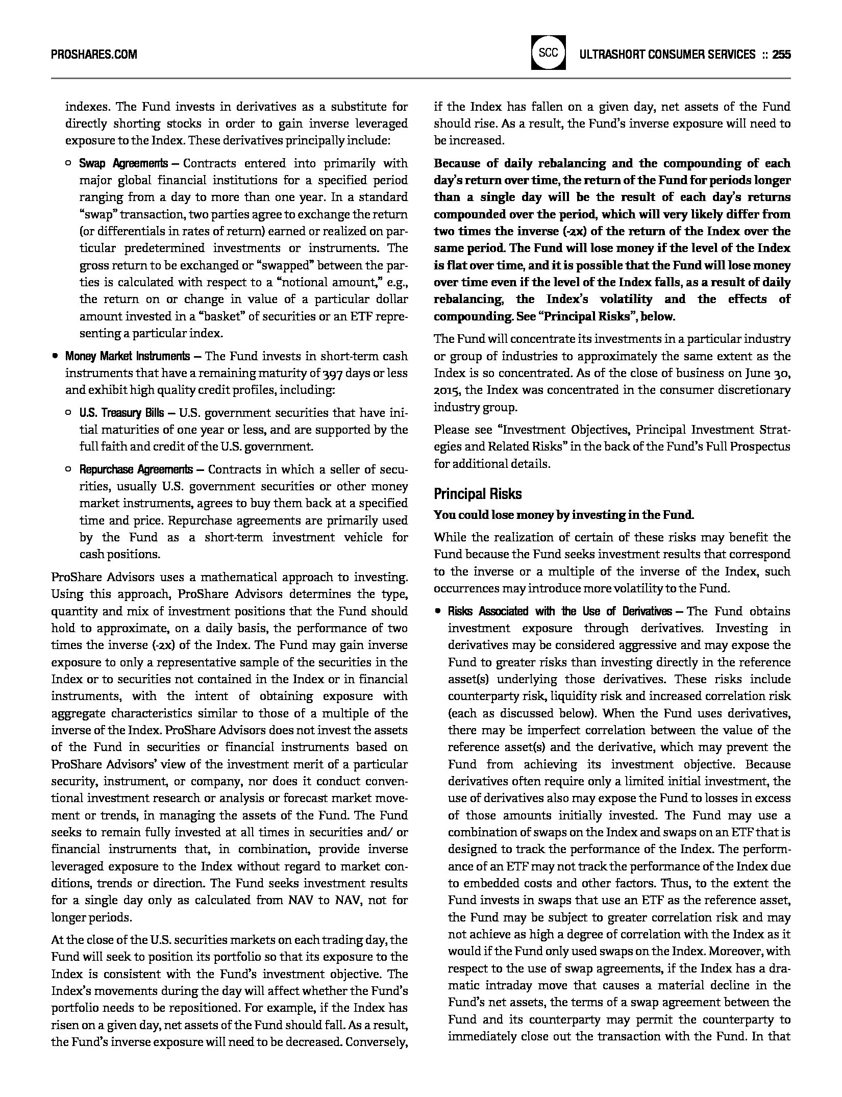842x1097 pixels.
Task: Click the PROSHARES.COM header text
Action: pos(94,54)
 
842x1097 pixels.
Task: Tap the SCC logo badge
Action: pos(548,53)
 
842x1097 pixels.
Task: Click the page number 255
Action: pos(781,54)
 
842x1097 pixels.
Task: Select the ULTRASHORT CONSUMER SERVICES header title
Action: pos(667,54)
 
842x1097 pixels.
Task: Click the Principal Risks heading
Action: pos(478,494)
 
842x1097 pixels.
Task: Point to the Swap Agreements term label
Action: pos(123,163)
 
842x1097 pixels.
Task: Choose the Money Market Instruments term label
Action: pos(127,356)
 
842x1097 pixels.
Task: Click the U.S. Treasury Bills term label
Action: pos(121,412)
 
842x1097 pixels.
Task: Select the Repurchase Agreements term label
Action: pos(136,469)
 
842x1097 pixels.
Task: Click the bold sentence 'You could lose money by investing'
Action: pos(564,515)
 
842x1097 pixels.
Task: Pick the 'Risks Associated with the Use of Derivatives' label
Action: pos(560,611)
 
